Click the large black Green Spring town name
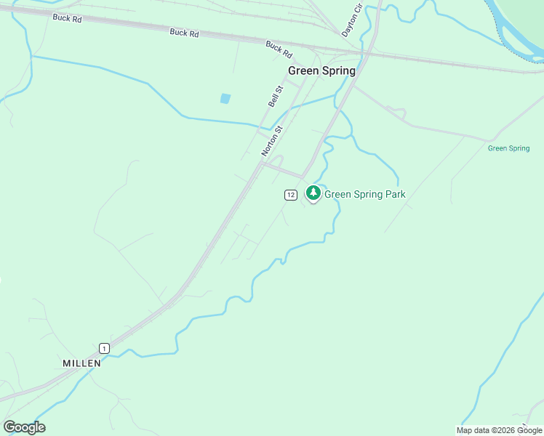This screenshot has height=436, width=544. pyautogui.click(x=321, y=70)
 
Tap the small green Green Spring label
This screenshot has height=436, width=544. pyautogui.click(x=508, y=148)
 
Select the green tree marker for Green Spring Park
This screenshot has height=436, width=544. pyautogui.click(x=313, y=193)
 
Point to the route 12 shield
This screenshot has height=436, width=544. pyautogui.click(x=290, y=194)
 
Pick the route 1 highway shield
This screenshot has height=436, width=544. pyautogui.click(x=105, y=348)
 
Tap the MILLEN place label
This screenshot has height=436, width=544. pyautogui.click(x=81, y=363)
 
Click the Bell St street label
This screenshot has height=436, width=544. pyautogui.click(x=275, y=97)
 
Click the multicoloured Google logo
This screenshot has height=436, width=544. pyautogui.click(x=24, y=427)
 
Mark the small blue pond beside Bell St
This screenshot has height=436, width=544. pyautogui.click(x=225, y=98)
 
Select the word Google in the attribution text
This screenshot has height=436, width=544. pyautogui.click(x=529, y=430)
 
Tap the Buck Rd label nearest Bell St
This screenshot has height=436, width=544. pyautogui.click(x=279, y=49)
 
